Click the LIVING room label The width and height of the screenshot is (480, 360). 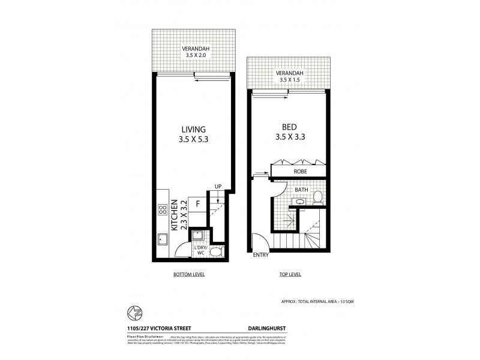(x=194, y=130)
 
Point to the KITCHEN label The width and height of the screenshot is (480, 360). (x=173, y=214)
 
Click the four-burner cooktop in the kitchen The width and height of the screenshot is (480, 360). (x=162, y=211)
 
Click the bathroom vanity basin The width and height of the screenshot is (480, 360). (x=299, y=203)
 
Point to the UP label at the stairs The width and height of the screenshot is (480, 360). (x=218, y=187)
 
